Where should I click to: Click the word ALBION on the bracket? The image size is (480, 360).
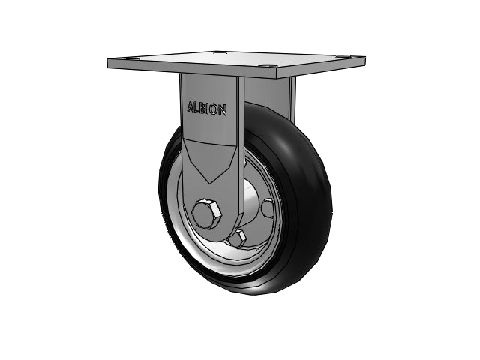(207, 108)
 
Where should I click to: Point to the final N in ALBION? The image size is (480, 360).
(223, 110)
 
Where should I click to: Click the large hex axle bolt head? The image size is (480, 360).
(207, 213)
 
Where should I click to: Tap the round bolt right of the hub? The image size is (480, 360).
(268, 208)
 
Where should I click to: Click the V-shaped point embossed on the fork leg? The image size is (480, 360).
(210, 183)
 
